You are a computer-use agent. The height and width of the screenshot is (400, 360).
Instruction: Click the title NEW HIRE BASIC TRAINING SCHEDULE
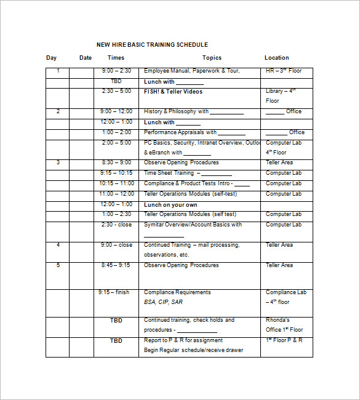point(152,45)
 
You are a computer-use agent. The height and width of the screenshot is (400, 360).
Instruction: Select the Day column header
point(51,58)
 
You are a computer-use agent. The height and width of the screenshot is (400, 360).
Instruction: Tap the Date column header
point(86,58)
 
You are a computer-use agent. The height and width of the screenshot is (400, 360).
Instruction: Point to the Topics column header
point(212,58)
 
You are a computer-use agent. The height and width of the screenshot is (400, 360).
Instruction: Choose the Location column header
point(276,58)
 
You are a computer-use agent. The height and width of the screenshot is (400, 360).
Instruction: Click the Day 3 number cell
point(58,162)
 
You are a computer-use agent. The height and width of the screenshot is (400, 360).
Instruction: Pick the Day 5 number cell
point(58,265)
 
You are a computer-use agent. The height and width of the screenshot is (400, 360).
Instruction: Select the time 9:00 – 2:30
point(116,71)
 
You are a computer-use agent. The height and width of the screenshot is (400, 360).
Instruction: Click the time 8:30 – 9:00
point(116,162)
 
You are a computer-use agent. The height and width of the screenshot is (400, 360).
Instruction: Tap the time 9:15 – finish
point(113,292)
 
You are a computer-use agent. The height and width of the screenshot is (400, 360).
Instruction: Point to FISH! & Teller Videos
point(173,92)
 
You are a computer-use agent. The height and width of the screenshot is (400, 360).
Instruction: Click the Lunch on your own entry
point(170,204)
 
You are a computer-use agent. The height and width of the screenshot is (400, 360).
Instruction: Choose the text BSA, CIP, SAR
point(163,302)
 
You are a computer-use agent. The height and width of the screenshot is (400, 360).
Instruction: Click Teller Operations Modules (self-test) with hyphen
point(190,194)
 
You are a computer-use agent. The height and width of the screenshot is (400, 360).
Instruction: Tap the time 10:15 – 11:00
point(116,183)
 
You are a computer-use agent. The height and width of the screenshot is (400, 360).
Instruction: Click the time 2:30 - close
point(116,225)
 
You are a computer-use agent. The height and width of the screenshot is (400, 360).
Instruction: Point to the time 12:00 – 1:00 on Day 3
point(116,204)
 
